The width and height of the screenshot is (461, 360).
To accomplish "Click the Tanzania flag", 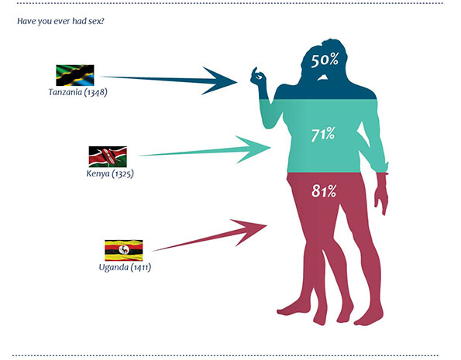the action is tap(75, 75).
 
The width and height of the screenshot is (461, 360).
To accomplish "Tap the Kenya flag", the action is tap(108, 156).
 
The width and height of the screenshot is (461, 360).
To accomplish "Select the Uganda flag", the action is tap(124, 250).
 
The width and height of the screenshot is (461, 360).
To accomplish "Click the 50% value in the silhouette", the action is tap(325, 60).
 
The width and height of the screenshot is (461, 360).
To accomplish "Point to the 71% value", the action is tap(323, 135).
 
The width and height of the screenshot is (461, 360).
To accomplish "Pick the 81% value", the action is tap(324, 191).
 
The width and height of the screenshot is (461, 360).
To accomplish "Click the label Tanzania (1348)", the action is tap(78, 92).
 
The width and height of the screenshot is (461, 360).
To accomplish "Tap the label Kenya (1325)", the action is tap(110, 173).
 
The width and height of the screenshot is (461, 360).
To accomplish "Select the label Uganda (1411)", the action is tap(125, 267).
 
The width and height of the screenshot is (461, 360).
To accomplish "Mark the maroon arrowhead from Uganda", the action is tap(252, 230).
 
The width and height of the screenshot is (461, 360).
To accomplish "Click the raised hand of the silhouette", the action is tap(258, 76).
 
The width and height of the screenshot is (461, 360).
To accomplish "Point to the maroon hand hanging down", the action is tap(382, 194).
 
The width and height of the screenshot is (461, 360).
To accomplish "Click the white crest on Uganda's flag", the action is tap(124, 250).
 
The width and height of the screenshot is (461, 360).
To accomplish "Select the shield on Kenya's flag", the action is tap(108, 156).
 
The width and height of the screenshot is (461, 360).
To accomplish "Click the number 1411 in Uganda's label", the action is tap(141, 268).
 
